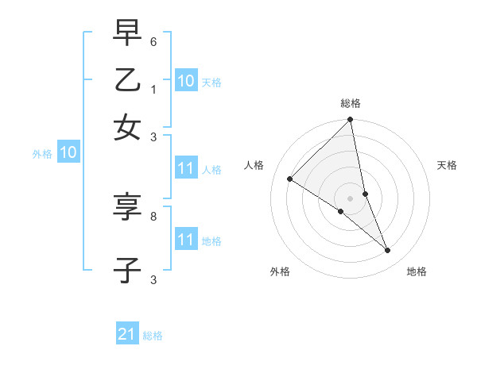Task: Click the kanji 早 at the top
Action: (x=128, y=33)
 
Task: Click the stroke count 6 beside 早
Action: (x=153, y=41)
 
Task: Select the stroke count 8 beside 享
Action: (x=153, y=215)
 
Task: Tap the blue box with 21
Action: (x=127, y=334)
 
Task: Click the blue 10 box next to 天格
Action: (x=186, y=80)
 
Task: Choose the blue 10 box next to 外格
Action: (x=68, y=153)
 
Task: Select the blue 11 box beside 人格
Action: (x=186, y=168)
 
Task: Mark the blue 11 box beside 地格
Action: (x=186, y=239)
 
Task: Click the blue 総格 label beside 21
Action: (x=153, y=336)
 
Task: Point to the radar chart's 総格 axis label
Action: (x=351, y=103)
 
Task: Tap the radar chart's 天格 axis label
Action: (x=448, y=165)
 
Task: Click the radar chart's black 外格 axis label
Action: (x=279, y=271)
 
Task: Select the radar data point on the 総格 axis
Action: (x=351, y=121)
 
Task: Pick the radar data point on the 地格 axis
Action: (x=388, y=251)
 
